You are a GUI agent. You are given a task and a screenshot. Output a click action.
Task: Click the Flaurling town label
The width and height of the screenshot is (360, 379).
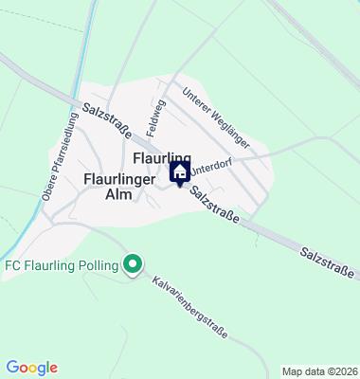[x=163, y=157]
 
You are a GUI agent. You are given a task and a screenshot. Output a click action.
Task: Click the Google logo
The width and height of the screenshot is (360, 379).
[x=31, y=368]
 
